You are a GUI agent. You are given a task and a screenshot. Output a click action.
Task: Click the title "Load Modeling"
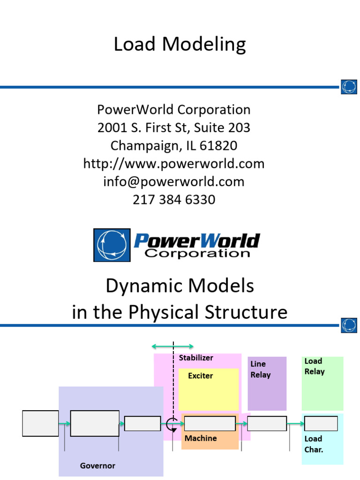[180, 45]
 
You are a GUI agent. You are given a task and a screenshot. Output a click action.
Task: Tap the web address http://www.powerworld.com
[174, 164]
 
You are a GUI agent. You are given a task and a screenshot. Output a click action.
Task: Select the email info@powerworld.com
[174, 181]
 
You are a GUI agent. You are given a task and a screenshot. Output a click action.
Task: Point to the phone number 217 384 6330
[174, 200]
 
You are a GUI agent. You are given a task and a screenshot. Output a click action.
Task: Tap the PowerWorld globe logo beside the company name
[112, 245]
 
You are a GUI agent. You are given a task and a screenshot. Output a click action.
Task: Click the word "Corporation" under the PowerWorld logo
[197, 254]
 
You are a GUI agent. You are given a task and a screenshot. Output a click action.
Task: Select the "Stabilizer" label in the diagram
[196, 358]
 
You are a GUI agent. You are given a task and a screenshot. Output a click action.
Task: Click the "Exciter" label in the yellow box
[200, 376]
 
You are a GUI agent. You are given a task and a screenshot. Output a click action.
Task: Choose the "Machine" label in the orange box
[201, 438]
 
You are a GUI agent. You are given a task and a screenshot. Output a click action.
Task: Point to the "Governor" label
[97, 465]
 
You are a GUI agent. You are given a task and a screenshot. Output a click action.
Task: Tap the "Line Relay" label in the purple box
[260, 369]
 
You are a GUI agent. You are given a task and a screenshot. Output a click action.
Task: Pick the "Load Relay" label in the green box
[314, 366]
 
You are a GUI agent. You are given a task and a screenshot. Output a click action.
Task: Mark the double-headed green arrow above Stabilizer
[172, 346]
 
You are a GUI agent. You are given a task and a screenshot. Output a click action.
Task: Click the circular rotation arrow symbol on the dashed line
[172, 423]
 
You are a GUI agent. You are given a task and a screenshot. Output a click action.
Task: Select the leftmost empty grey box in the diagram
[41, 423]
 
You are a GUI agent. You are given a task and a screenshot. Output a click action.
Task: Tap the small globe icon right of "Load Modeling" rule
[349, 87]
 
